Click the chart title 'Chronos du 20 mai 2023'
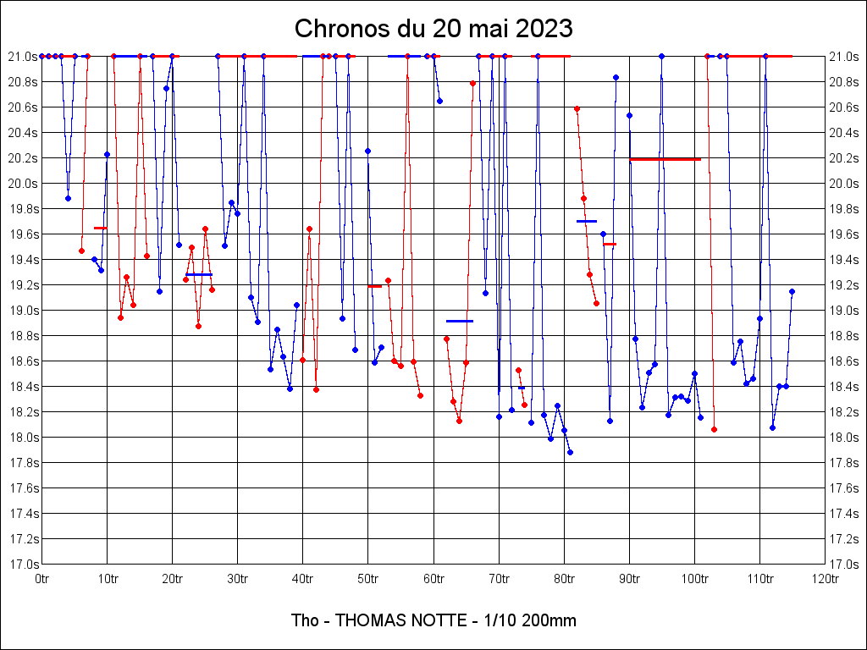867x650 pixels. (433, 29)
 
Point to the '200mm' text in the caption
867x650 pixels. (552, 620)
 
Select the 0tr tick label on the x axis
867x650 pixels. (41, 579)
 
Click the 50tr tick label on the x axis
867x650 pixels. (367, 579)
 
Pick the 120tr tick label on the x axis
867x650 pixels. (825, 579)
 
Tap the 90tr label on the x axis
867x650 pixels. (629, 579)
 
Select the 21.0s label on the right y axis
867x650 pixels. (843, 56)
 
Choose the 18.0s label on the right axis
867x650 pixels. (843, 437)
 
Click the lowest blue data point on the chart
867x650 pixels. (570, 452)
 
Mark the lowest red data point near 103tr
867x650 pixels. (714, 429)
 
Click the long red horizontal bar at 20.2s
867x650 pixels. (665, 159)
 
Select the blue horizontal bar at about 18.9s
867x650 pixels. (460, 322)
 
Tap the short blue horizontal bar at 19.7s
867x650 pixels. (587, 221)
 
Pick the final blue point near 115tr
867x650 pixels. (792, 291)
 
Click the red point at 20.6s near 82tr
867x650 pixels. (577, 108)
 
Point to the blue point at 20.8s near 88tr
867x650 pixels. (616, 77)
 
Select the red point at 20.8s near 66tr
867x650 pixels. (472, 83)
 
